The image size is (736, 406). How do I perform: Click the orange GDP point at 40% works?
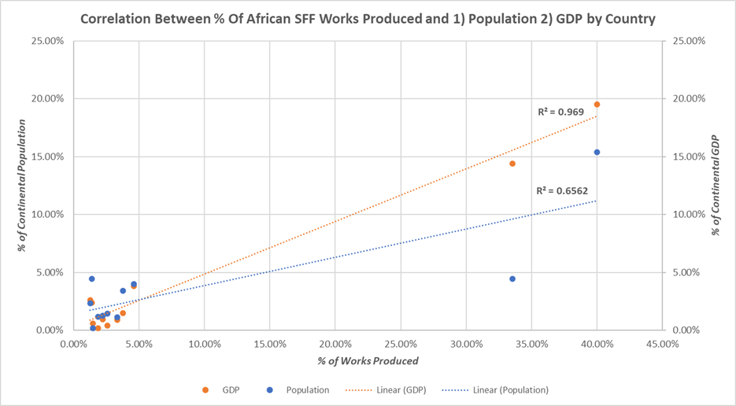(x=597, y=105)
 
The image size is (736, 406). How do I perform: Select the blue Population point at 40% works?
(x=597, y=153)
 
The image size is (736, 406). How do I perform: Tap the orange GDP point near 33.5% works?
(x=512, y=164)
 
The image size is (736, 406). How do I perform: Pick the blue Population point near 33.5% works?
(x=512, y=279)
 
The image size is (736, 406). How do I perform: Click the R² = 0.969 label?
(x=560, y=113)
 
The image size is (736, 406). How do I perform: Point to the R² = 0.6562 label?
(x=561, y=190)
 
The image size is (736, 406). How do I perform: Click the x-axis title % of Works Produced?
(x=368, y=361)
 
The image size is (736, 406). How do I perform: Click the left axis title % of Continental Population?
(x=24, y=186)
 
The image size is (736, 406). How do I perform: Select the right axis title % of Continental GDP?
(x=716, y=186)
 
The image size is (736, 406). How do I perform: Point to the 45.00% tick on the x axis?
(x=662, y=343)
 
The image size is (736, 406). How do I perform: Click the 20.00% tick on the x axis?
(x=335, y=343)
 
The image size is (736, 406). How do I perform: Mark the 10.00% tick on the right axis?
(x=688, y=215)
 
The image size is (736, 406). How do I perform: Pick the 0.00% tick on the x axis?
(x=73, y=343)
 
